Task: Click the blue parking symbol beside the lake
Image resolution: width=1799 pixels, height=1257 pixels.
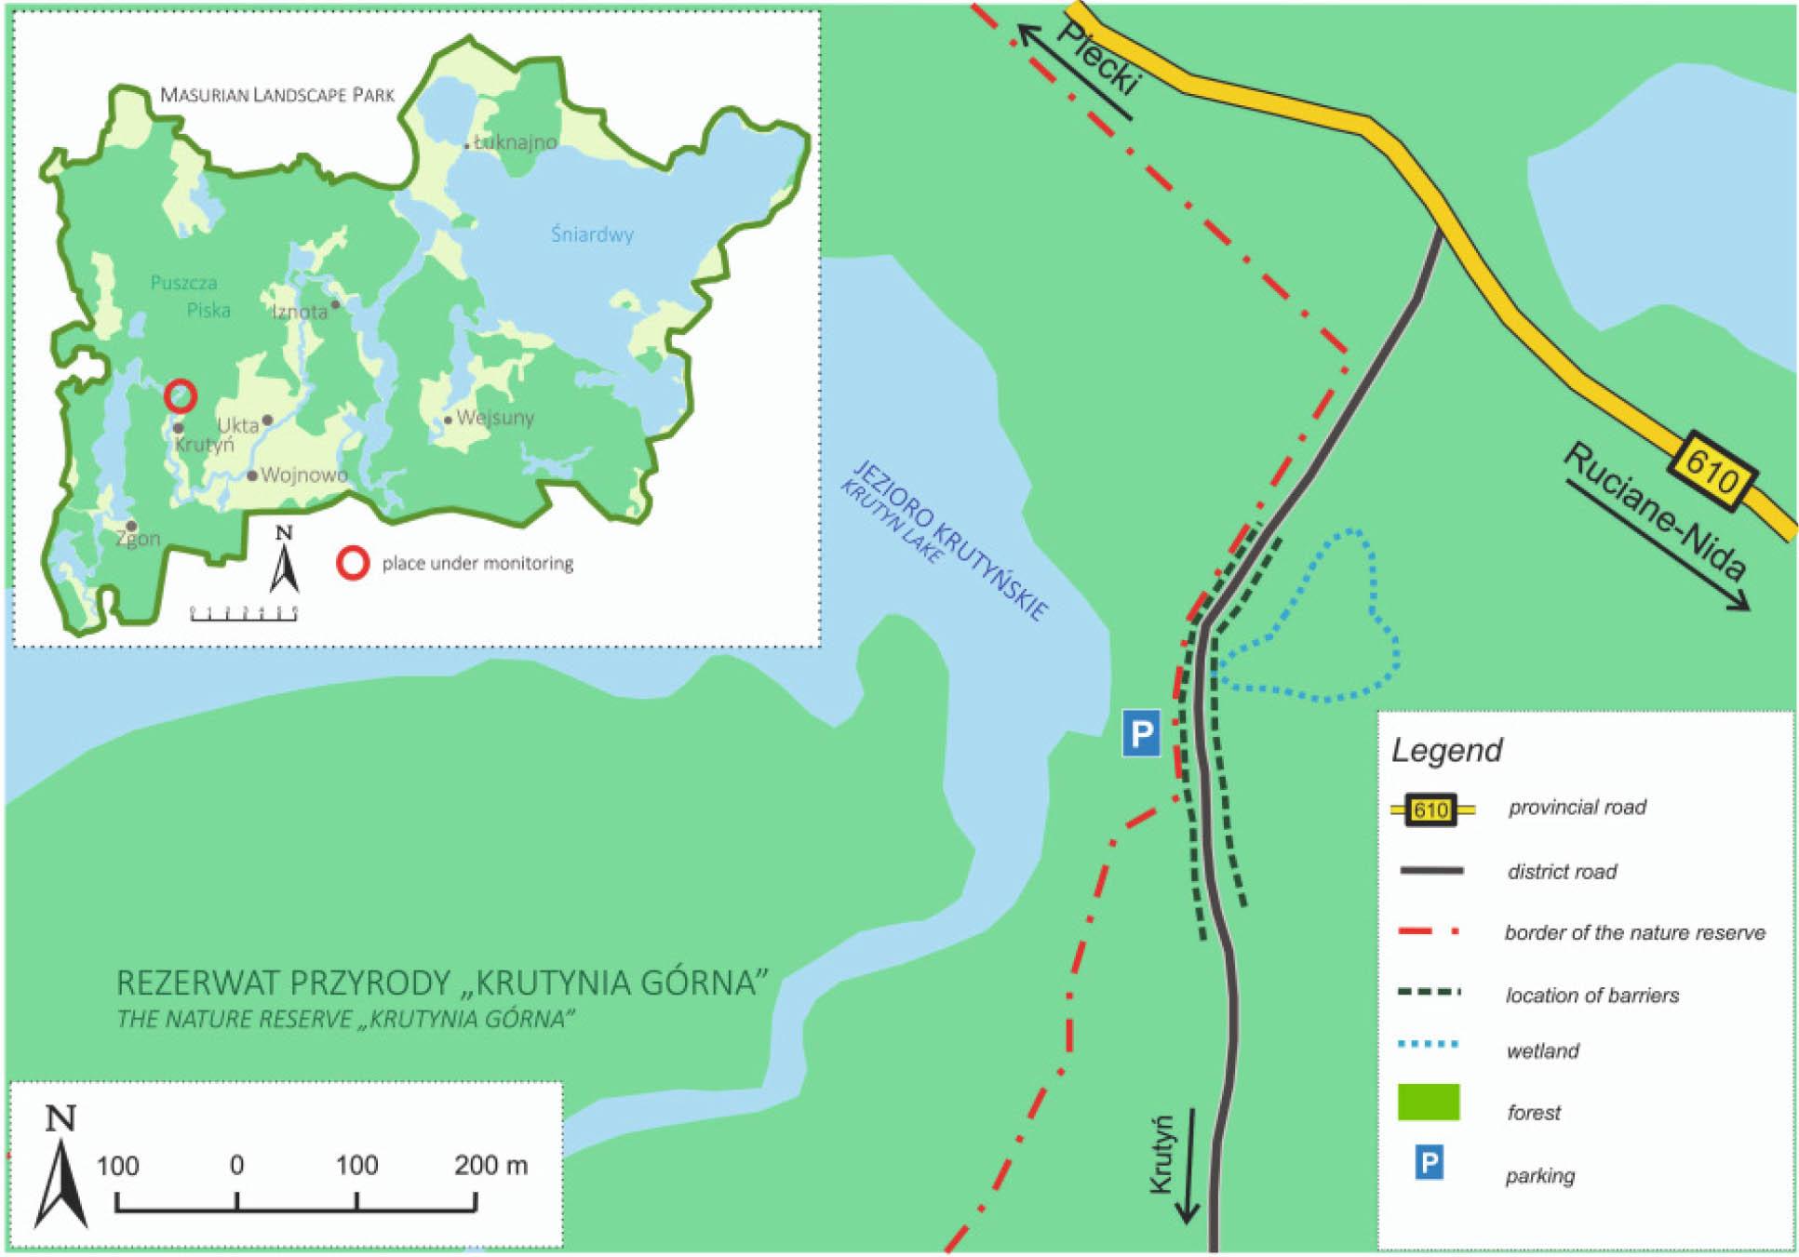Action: tap(1141, 734)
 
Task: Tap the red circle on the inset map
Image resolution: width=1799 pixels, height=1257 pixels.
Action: tap(181, 396)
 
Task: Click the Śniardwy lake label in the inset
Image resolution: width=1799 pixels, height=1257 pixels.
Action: tap(592, 234)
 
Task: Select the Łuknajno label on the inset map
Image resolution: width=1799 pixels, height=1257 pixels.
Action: tap(515, 142)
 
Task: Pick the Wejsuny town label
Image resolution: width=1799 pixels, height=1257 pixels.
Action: tap(494, 417)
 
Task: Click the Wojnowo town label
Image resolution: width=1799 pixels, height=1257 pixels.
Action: tap(303, 475)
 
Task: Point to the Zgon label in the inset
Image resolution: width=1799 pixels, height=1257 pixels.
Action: tap(138, 538)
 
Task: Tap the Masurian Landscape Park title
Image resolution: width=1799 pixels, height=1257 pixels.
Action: tap(277, 95)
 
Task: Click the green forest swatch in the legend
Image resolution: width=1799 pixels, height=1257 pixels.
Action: tap(1429, 1102)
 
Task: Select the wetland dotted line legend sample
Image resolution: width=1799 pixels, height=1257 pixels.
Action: tap(1429, 1045)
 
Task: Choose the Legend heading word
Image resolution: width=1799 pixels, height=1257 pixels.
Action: tap(1446, 750)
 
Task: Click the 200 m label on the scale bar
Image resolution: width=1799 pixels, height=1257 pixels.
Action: tap(490, 1165)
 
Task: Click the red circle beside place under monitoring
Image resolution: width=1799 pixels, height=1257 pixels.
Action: tap(354, 563)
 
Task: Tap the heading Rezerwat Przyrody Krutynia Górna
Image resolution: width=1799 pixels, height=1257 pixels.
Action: tap(443, 983)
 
